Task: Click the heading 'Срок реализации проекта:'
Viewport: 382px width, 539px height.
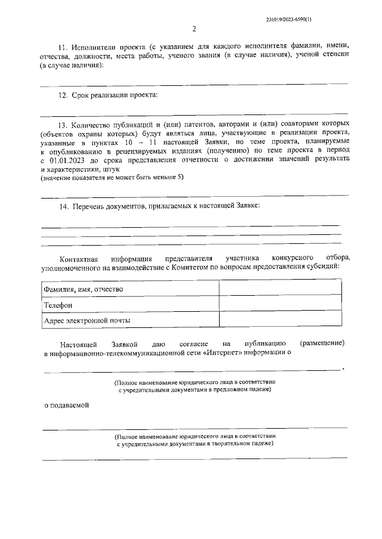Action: pyautogui.click(x=115, y=95)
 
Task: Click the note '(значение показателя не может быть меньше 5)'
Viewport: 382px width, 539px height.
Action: pyautogui.click(x=112, y=178)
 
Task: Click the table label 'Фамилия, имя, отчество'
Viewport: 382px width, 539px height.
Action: pyautogui.click(x=84, y=289)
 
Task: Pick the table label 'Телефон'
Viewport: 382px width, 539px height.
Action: pyautogui.click(x=58, y=305)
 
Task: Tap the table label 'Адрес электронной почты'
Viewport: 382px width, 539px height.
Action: pyautogui.click(x=87, y=321)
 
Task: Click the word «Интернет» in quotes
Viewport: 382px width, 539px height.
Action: pyautogui.click(x=223, y=353)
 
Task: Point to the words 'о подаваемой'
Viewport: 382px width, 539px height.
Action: pyautogui.click(x=67, y=405)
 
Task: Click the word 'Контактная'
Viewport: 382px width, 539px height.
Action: pyautogui.click(x=78, y=258)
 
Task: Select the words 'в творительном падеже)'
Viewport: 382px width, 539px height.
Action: pyautogui.click(x=237, y=444)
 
